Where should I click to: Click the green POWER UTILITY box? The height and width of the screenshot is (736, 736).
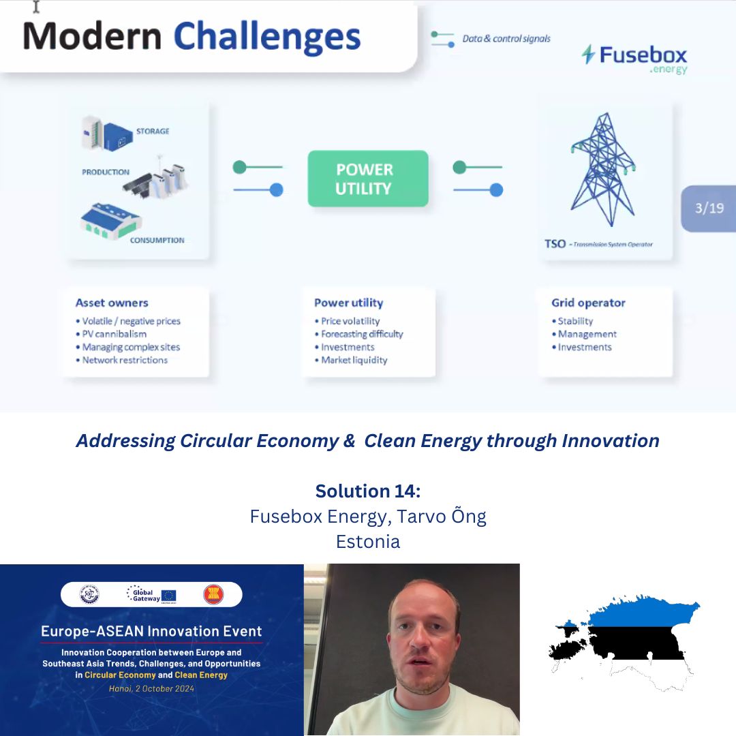coord(368,179)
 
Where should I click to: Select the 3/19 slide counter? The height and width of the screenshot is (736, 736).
coord(709,208)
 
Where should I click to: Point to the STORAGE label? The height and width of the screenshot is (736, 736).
coord(152,131)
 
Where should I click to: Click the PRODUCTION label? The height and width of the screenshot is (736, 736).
coord(106,172)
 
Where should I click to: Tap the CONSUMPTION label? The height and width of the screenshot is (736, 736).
coord(157,240)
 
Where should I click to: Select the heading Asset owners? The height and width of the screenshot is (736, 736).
coord(112,303)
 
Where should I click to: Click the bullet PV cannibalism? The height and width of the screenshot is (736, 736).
coord(113,334)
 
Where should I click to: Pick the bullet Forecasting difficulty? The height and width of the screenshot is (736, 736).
coord(361,334)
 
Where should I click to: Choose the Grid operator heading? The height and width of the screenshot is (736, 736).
coord(588,303)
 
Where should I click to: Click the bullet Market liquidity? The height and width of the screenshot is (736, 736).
coord(354,360)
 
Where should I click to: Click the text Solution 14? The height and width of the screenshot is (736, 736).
coord(368,491)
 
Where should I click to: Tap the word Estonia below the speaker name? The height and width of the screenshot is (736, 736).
coord(368,542)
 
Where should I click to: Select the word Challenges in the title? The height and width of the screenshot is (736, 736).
coord(267,37)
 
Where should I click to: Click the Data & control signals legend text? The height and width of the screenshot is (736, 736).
coord(506,39)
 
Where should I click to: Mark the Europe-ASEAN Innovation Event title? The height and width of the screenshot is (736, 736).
coord(151,630)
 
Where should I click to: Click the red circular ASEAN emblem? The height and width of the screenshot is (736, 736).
coord(213,594)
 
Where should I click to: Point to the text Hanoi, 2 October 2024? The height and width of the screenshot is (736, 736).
coord(151,688)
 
